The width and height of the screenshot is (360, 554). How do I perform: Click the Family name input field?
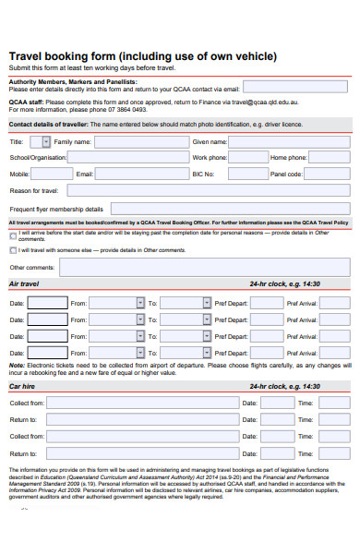click(138, 142)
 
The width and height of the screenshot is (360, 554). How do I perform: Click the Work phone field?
click(246, 158)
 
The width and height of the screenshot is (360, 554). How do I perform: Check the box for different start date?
click(12, 234)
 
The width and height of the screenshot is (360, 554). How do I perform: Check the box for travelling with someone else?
click(12, 250)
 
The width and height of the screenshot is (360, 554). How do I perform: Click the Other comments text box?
click(203, 268)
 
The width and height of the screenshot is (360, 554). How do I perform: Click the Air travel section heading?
click(24, 284)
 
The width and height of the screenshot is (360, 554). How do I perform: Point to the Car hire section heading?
click(21, 386)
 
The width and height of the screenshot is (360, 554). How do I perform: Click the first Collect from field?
click(139, 403)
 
